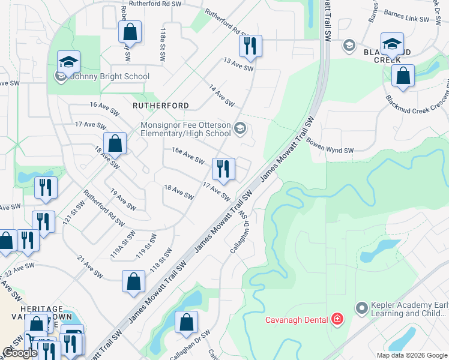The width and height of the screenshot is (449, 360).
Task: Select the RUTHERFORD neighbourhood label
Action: tap(161, 106)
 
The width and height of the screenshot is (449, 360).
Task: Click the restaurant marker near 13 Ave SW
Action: tap(250, 46)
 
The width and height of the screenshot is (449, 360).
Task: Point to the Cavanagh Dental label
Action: tap(297, 319)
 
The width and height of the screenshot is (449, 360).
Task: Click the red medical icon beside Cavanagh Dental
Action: tap(337, 319)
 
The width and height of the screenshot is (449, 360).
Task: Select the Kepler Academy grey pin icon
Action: tap(361, 308)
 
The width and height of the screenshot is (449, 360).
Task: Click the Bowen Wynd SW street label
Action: tap(330, 146)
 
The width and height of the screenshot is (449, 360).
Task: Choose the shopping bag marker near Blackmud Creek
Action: tap(403, 77)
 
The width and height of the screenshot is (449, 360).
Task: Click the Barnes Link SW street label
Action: tap(408, 19)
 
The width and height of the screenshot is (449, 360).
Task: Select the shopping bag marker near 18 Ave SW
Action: tap(115, 144)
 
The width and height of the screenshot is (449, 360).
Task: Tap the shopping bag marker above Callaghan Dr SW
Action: tap(187, 323)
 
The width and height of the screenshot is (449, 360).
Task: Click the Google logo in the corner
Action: tap(20, 353)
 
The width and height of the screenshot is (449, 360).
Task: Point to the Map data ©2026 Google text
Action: tap(412, 355)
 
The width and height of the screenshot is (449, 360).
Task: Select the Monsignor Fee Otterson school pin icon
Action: tap(240, 128)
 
